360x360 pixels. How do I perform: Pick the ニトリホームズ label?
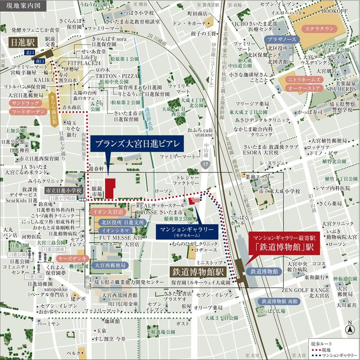306,80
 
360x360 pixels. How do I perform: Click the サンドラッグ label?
24,103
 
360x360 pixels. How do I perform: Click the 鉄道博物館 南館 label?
279,301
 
